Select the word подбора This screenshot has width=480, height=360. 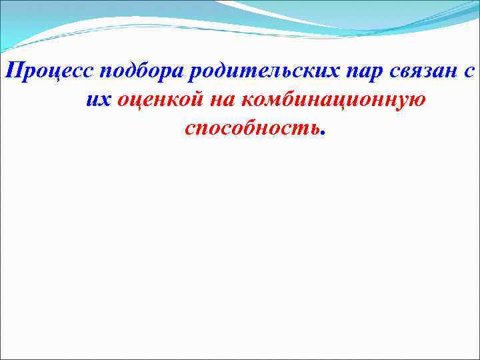pyautogui.click(x=137, y=72)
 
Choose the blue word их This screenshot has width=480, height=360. pyautogui.click(x=99, y=101)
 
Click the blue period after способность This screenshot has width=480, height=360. pyautogui.click(x=323, y=132)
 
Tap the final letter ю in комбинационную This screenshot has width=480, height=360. pyautogui.click(x=417, y=101)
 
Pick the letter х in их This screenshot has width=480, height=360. pyautogui.click(x=105, y=101)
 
